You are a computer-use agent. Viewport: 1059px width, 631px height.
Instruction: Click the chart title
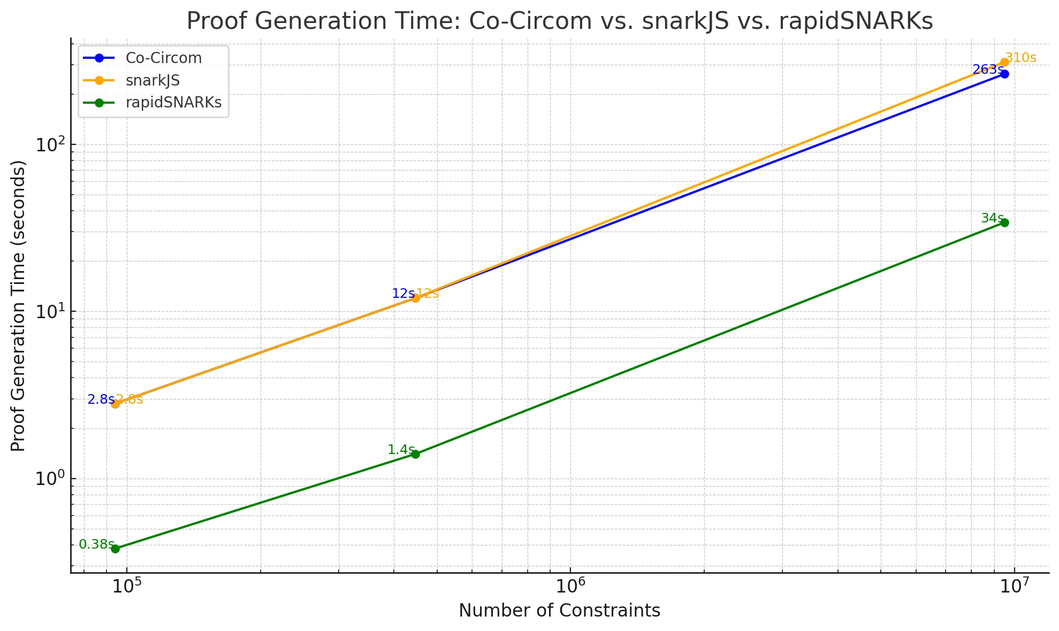coord(559,21)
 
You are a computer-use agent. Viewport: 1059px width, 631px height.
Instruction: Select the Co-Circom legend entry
coord(163,58)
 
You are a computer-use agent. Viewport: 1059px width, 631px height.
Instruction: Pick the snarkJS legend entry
coord(153,80)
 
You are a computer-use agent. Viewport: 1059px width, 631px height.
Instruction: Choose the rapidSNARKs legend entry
coord(173,102)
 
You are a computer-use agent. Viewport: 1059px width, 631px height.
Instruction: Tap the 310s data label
coord(1021,58)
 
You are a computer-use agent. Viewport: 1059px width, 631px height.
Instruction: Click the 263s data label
coord(987,70)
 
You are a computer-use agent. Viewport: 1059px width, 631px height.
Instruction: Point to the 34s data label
coord(992,218)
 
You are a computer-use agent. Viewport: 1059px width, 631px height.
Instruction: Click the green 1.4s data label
coord(400,450)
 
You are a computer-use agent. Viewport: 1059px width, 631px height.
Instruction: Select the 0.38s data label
coord(96,544)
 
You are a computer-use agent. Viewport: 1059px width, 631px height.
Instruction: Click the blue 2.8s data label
coord(100,399)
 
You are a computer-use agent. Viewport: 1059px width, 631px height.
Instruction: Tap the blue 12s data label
coord(402,294)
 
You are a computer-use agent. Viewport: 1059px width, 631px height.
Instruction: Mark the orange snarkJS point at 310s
coord(1004,63)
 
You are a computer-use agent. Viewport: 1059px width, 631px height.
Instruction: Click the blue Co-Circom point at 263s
coord(1004,74)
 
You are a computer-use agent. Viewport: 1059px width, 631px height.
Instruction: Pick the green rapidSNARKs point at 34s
coord(1004,222)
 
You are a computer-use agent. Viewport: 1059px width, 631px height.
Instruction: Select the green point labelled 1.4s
coord(415,454)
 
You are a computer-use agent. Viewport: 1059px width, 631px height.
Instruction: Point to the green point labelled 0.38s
coord(115,549)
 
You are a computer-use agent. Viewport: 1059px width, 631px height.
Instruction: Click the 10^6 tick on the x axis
coord(570,586)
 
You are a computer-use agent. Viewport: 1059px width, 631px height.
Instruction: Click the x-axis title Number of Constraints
coord(559,611)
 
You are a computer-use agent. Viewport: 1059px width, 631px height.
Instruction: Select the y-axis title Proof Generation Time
coord(18,305)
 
